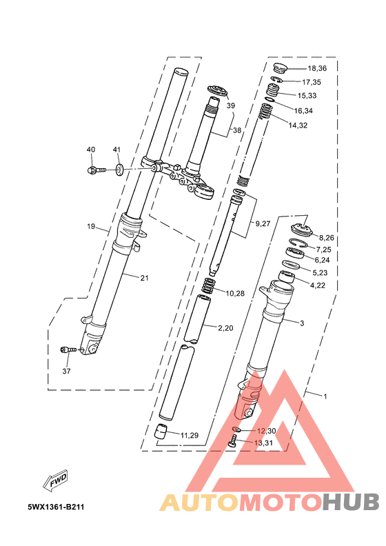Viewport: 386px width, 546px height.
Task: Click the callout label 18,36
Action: (317, 69)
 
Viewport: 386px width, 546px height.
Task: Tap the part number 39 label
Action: (231, 105)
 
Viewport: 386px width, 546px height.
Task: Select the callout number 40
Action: (91, 150)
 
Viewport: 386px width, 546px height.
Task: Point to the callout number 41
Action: (116, 150)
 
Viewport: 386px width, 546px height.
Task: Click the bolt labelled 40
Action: (96, 170)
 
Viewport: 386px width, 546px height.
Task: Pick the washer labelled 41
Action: (119, 170)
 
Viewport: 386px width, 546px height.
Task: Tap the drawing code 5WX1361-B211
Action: (56, 507)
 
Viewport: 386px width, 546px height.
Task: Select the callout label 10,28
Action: (235, 294)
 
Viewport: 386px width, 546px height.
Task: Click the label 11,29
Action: (190, 435)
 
